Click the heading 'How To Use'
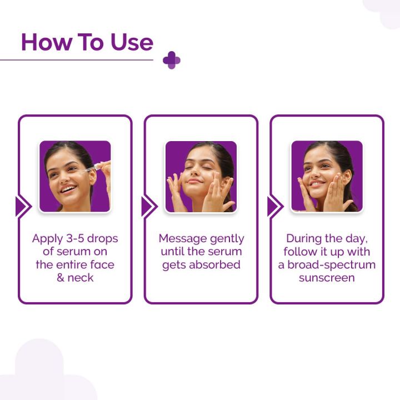pyautogui.click(x=87, y=42)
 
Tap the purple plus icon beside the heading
pyautogui.click(x=172, y=60)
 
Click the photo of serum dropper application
pyautogui.click(x=75, y=176)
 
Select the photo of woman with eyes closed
pyautogui.click(x=201, y=176)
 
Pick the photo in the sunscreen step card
pyautogui.click(x=327, y=176)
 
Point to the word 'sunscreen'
pyautogui.click(x=327, y=277)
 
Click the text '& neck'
pyautogui.click(x=75, y=277)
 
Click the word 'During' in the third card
pyautogui.click(x=304, y=238)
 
